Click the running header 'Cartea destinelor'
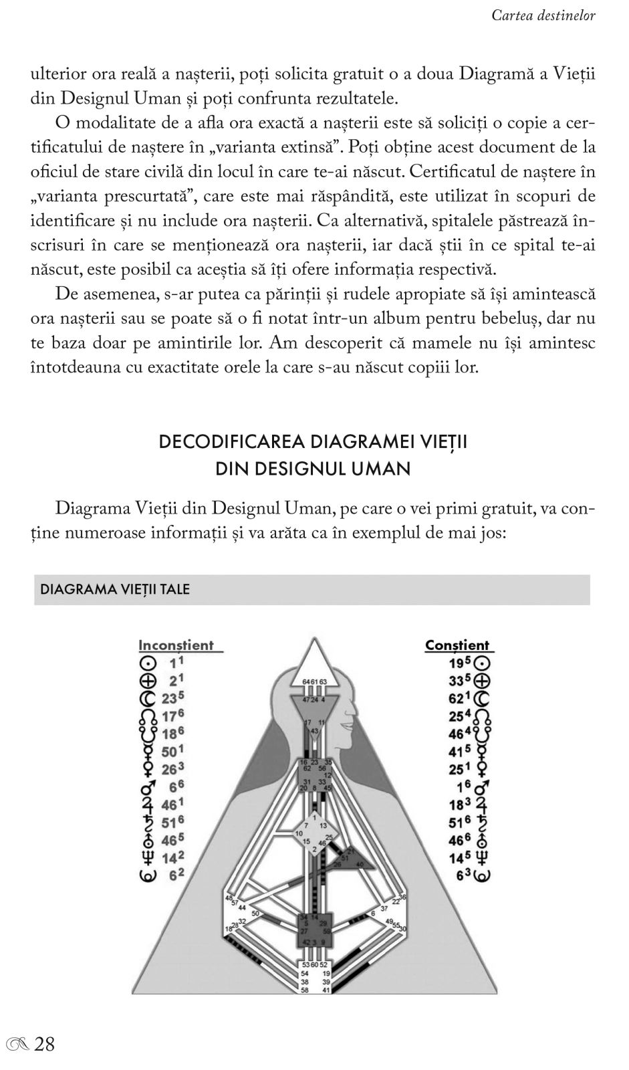(543, 15)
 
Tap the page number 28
(44, 1044)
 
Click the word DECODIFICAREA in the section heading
(231, 443)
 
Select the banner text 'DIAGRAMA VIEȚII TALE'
(115, 589)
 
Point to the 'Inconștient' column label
(176, 645)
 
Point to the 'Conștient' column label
(457, 645)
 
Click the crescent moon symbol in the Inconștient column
(147, 699)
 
